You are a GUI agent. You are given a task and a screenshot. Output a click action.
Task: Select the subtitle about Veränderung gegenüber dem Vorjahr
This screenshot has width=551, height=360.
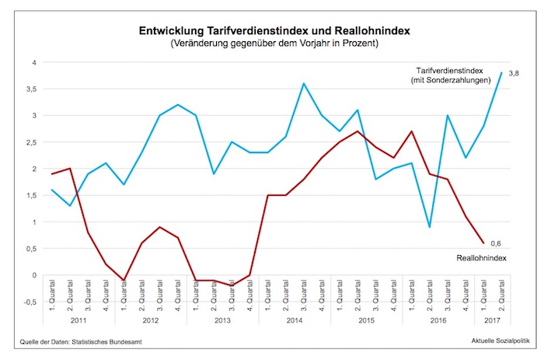tap(275, 44)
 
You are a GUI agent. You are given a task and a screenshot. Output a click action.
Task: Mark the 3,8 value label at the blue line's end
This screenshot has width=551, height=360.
tap(514, 73)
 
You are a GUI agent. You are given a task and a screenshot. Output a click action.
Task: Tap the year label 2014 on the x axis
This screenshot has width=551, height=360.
tap(295, 319)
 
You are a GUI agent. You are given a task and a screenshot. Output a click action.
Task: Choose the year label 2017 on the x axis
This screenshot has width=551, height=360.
tap(492, 319)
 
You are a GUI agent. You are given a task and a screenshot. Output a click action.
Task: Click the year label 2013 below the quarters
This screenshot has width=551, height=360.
tap(222, 319)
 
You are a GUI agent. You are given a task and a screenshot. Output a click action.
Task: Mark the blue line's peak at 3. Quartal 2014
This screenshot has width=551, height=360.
tap(304, 83)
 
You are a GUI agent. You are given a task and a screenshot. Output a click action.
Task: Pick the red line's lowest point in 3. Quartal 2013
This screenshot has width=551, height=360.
tap(232, 285)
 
